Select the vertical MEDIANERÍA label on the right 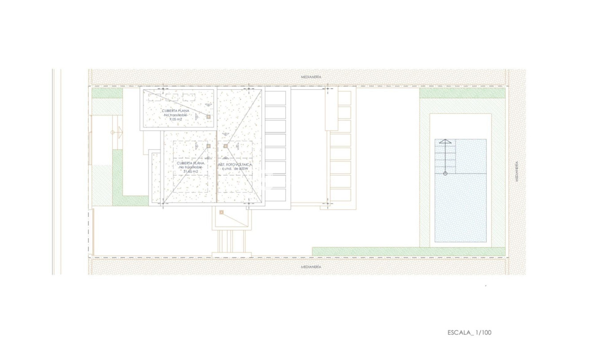tap(517, 171)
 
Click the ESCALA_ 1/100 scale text tap(469, 333)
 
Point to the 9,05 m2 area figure tap(176, 120)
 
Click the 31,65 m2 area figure tap(191, 171)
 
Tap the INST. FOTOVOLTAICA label tap(235, 165)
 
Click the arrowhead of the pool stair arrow tap(445, 141)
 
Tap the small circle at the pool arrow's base tap(445, 173)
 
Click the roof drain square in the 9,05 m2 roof tap(208, 117)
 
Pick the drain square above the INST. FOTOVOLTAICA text tap(226, 146)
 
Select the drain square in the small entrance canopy tap(221, 213)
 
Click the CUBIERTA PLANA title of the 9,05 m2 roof tap(175, 110)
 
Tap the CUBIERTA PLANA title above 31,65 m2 tap(191, 163)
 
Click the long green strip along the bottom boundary tap(408, 251)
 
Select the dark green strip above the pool tap(462, 93)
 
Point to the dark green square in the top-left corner tap(107, 93)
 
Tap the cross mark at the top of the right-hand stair tap(327, 89)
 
